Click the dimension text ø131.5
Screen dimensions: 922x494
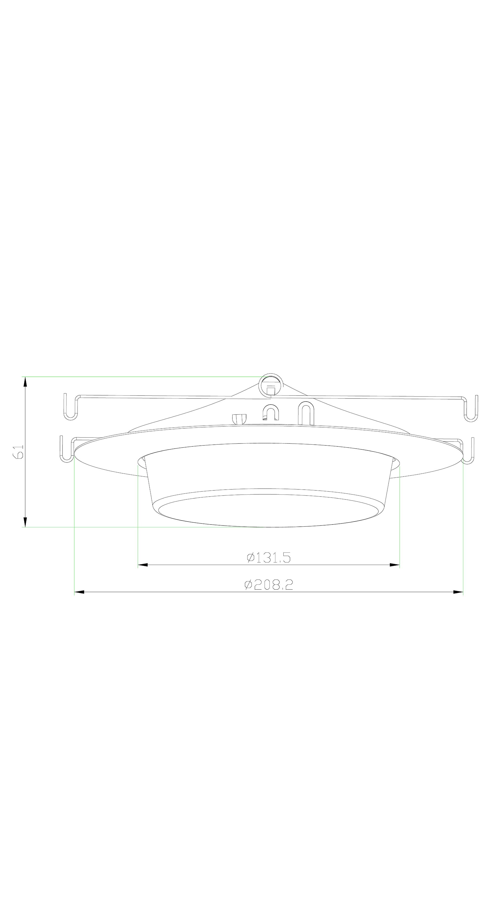coord(268,557)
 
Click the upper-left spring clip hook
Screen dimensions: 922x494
coord(71,408)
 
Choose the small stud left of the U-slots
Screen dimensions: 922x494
coord(240,419)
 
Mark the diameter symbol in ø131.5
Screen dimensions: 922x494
coord(250,557)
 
